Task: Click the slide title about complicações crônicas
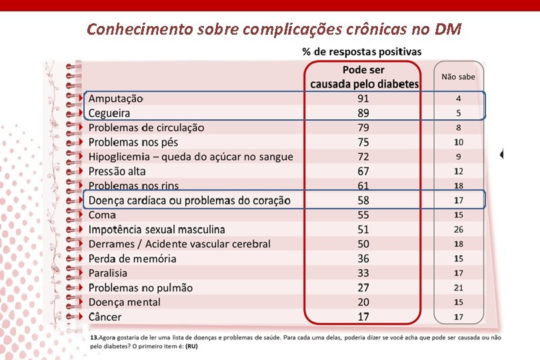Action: tap(274, 29)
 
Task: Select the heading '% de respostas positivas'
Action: tap(361, 51)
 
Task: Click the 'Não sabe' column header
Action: tap(458, 77)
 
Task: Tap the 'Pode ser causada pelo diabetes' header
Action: tap(363, 77)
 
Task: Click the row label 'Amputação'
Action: tap(116, 98)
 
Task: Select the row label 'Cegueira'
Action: tap(109, 113)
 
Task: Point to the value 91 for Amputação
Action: tap(363, 98)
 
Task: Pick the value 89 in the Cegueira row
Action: tap(363, 113)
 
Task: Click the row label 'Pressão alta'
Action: tap(117, 171)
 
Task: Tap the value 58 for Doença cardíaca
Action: tap(363, 200)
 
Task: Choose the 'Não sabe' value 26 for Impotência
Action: tap(458, 229)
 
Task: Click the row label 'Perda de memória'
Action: tap(132, 259)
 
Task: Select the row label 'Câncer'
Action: tap(105, 317)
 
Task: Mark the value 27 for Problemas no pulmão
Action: tap(363, 287)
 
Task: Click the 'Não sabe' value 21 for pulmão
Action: tap(458, 287)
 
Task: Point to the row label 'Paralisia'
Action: tap(107, 273)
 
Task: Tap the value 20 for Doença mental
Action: tap(363, 302)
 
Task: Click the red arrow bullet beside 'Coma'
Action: tap(80, 215)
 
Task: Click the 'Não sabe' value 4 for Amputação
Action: tap(458, 98)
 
